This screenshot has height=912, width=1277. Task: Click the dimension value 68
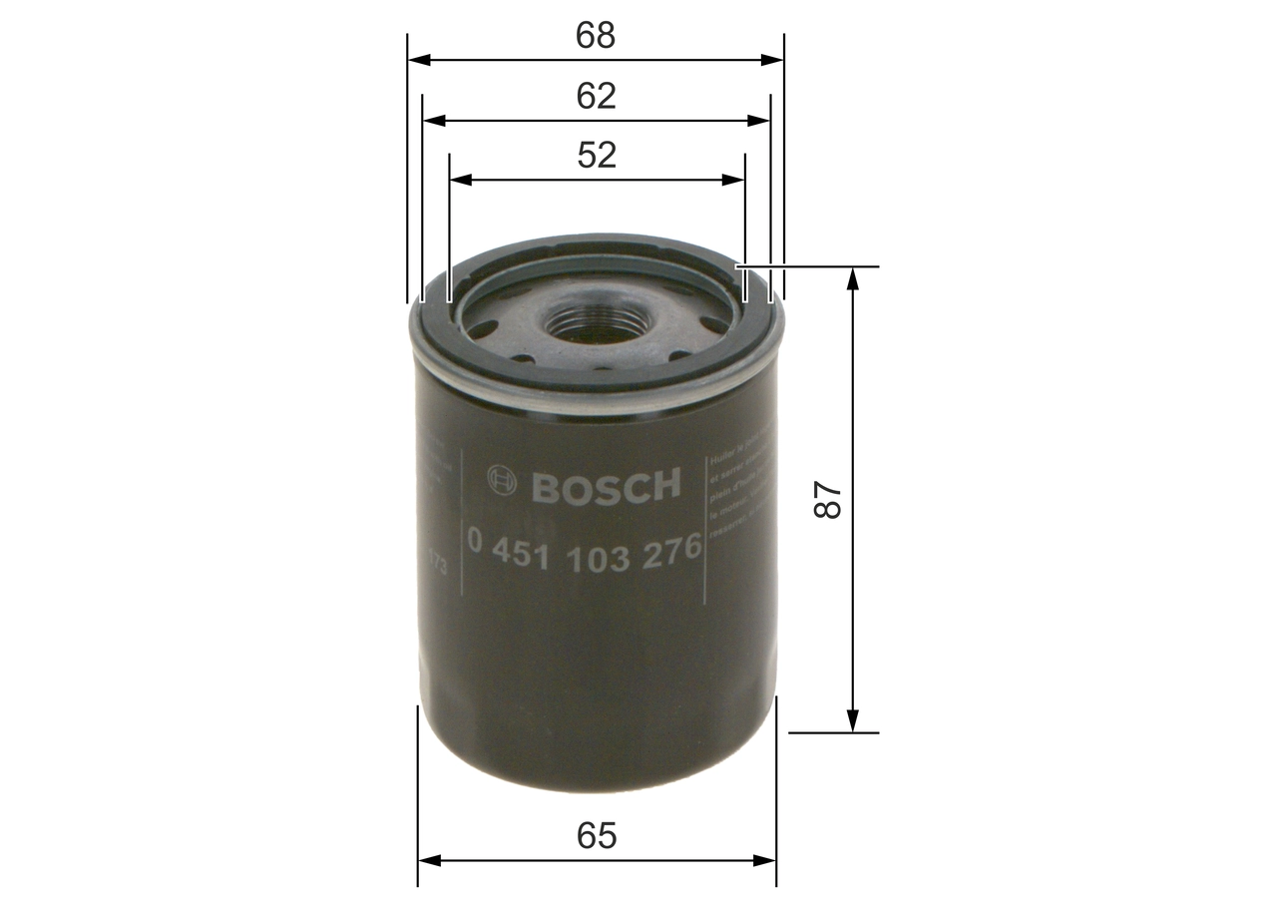596,35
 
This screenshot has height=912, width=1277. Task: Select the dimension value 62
596,96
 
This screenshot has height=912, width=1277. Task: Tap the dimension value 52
596,155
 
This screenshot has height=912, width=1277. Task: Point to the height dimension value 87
828,500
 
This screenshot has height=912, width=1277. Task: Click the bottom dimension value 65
597,836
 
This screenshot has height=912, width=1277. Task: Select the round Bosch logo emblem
502,481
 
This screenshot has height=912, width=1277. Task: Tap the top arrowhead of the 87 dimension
852,278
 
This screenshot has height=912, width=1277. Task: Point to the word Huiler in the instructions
721,461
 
